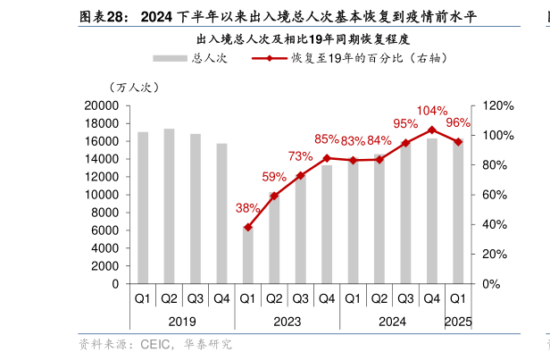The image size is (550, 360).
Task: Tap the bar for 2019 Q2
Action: point(169,205)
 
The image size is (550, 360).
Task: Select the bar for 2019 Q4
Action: point(221,213)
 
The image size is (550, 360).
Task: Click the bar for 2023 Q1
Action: point(248,255)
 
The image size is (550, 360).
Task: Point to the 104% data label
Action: point(432,111)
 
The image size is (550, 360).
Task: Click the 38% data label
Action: point(247,208)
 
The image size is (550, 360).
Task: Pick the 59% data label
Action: point(274,177)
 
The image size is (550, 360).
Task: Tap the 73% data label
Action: point(300,156)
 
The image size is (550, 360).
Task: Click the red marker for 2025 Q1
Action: point(458,141)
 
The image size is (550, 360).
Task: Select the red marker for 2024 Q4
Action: point(432,130)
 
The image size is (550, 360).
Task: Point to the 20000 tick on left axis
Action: point(101,105)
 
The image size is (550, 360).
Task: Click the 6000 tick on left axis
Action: point(104,230)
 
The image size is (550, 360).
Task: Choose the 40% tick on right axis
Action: point(494,224)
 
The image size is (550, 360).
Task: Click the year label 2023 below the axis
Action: point(287,322)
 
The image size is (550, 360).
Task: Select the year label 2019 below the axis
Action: point(182,322)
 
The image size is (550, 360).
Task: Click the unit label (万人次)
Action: point(133,88)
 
